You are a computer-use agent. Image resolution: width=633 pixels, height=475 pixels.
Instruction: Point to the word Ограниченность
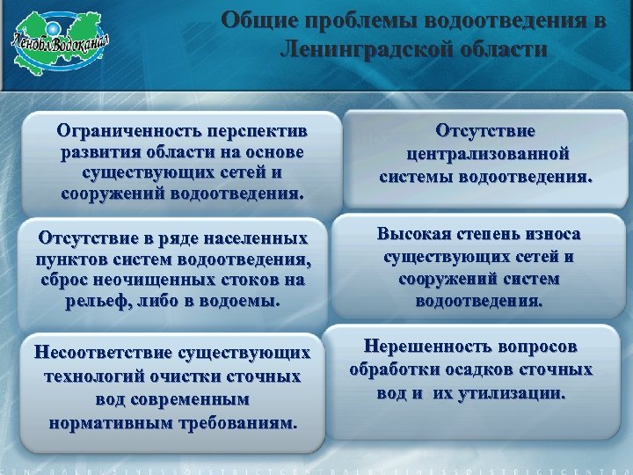click(x=127, y=132)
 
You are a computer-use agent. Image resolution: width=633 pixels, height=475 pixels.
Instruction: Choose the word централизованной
click(x=487, y=153)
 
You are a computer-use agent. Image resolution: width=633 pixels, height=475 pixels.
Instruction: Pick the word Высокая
click(x=413, y=234)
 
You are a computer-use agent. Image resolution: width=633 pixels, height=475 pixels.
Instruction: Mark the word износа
click(x=549, y=234)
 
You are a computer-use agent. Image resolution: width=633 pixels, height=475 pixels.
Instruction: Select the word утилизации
click(x=518, y=392)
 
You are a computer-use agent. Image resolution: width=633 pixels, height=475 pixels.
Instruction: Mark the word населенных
click(x=259, y=238)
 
